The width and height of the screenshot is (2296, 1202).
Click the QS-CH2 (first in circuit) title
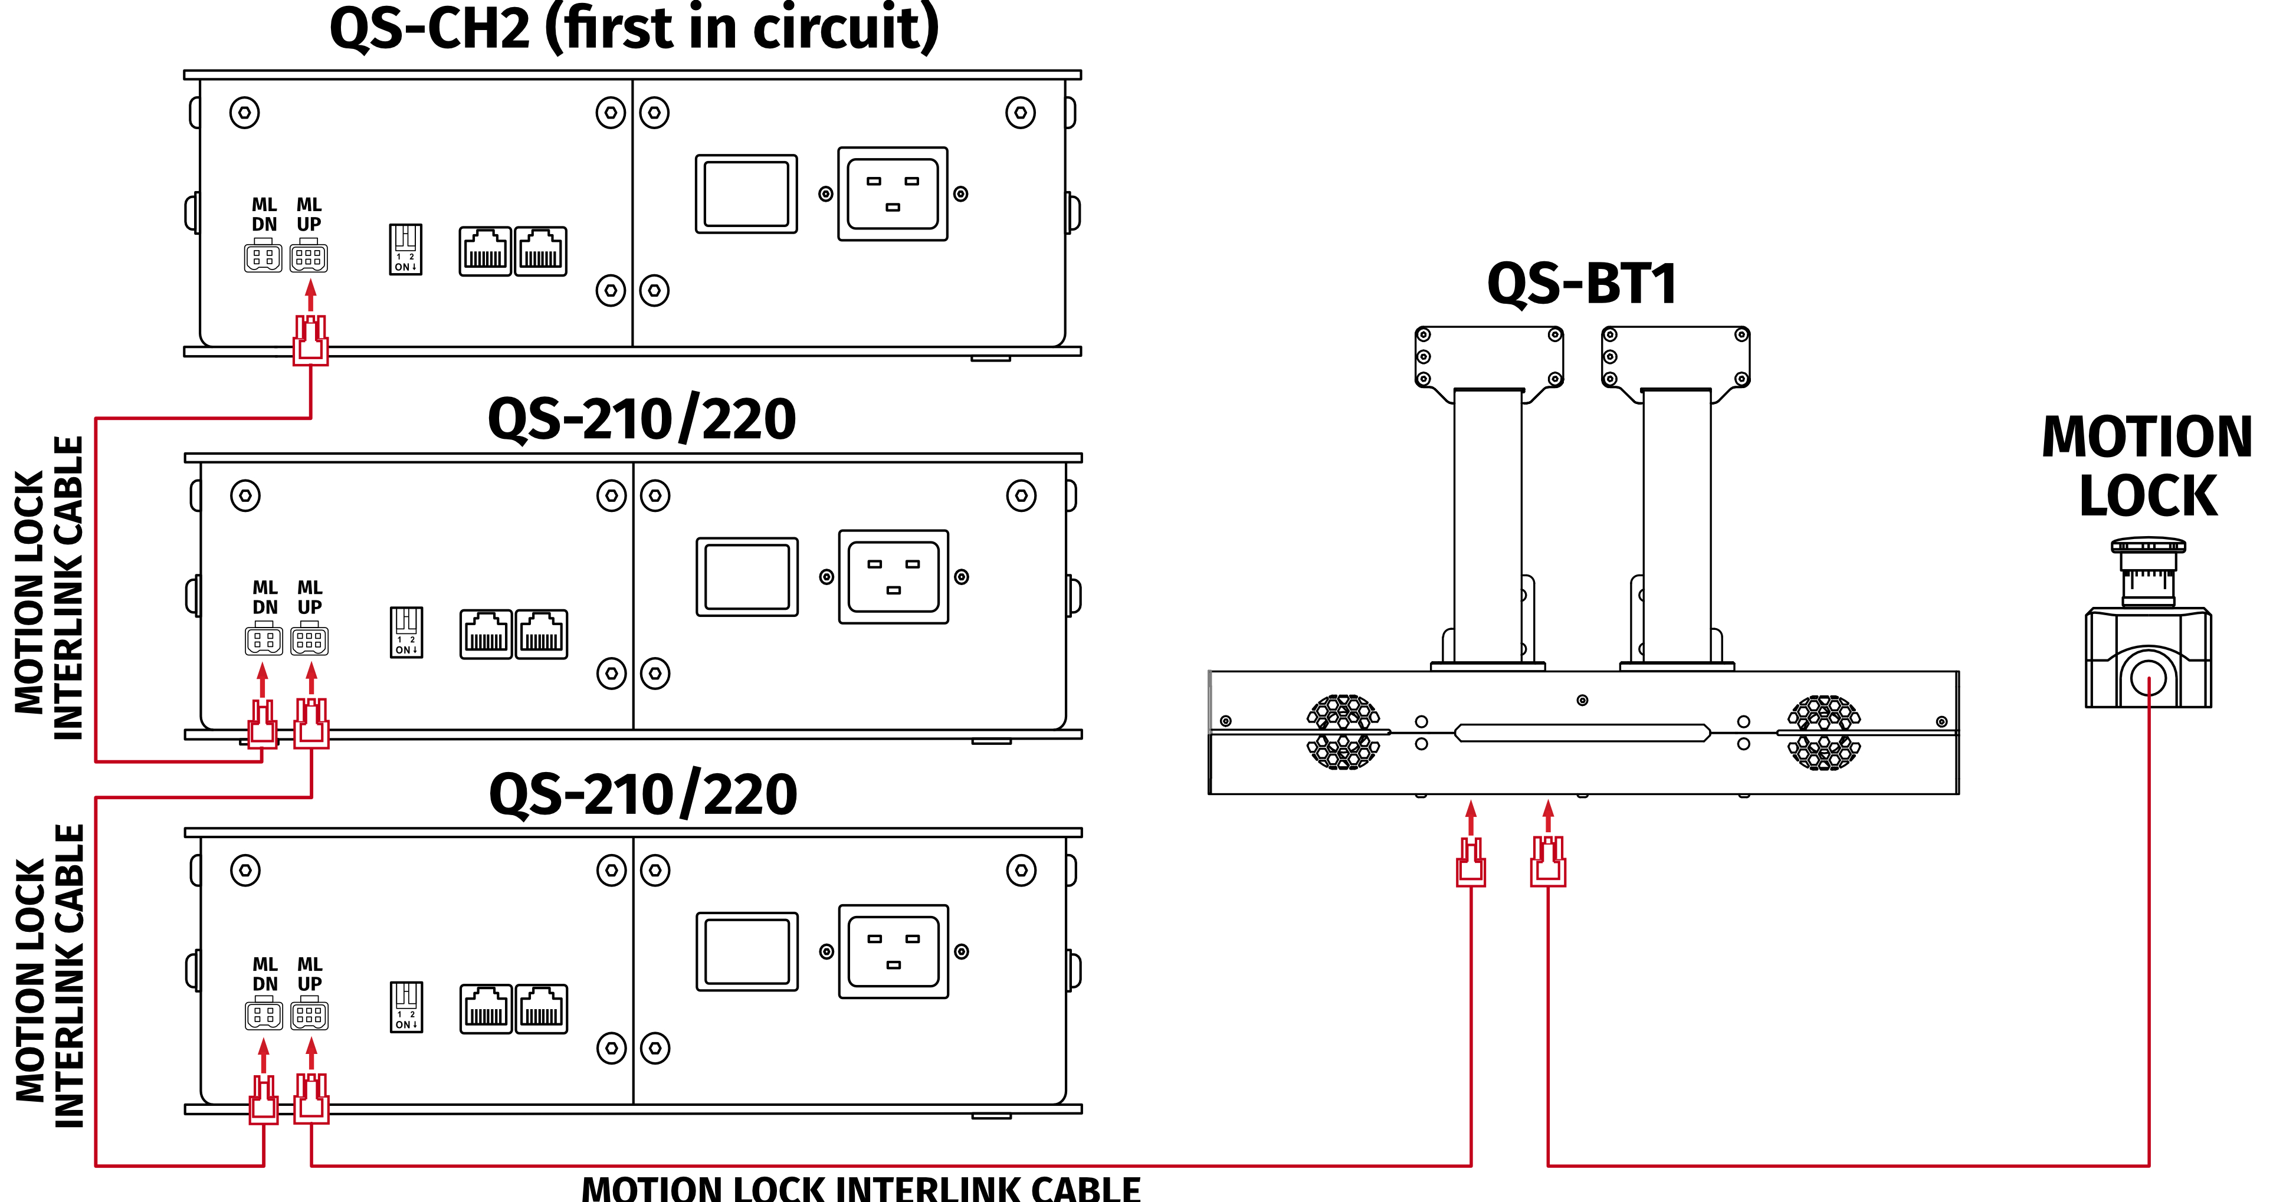point(634,28)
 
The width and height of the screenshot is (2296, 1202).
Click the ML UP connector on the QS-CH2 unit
point(309,258)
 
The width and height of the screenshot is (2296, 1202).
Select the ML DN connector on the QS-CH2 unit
point(263,258)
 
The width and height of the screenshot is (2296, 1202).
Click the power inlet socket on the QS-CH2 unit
point(892,194)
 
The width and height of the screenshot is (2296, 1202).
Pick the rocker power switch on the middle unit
point(747,576)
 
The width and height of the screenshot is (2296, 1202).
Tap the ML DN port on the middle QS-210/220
point(264,640)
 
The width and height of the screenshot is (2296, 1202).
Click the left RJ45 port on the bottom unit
point(486,1009)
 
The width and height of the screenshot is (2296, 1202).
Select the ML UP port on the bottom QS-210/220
point(309,1015)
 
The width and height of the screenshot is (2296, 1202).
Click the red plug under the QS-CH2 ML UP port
point(310,340)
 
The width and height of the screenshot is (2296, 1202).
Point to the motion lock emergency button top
point(2148,546)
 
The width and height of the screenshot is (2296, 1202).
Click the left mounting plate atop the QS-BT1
point(1488,356)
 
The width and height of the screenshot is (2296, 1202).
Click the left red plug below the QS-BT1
point(1471,862)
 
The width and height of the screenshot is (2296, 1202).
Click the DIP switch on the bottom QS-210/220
point(406,1007)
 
